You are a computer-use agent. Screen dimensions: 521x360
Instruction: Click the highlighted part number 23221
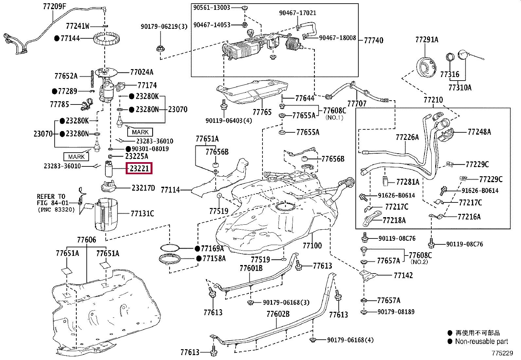point(139,168)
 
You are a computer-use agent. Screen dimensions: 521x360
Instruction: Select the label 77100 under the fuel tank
point(312,245)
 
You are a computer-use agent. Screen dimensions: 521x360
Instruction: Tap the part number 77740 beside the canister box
point(373,41)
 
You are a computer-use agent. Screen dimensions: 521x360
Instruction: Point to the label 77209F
point(55,6)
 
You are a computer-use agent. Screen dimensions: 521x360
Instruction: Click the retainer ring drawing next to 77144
point(107,39)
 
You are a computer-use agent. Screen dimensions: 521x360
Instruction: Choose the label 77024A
point(142,72)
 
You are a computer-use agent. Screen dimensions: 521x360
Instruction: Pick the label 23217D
point(143,188)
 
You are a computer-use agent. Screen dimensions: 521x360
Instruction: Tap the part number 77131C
point(142,213)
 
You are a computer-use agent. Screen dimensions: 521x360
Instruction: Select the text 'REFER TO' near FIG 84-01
point(51,196)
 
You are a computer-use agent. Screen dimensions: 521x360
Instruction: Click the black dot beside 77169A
point(197,249)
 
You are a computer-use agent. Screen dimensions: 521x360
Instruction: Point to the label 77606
point(86,239)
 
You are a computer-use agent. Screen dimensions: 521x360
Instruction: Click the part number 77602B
point(278,314)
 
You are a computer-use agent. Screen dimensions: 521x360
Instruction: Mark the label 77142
point(403,275)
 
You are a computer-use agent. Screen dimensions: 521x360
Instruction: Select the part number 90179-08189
point(396,312)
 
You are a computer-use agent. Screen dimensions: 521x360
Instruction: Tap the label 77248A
point(479,132)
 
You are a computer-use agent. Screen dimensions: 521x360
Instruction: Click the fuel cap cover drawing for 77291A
point(426,67)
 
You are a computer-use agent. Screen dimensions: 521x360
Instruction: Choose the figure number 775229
point(502,353)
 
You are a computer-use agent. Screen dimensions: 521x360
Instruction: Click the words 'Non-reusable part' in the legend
point(481,341)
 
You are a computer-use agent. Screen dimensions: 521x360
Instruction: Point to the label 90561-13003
point(212,8)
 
